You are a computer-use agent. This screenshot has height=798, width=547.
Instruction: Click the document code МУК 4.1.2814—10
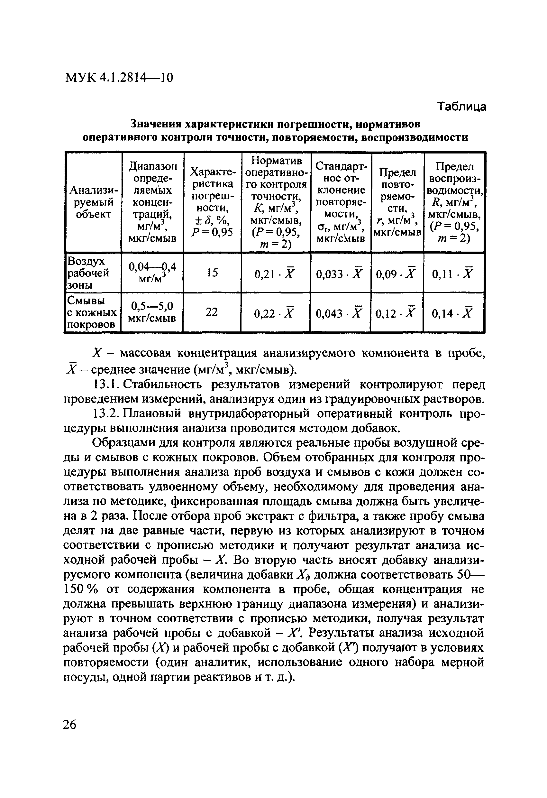(119, 78)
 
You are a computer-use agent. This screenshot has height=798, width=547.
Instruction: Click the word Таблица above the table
(462, 107)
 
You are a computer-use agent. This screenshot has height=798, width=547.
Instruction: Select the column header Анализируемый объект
(93, 202)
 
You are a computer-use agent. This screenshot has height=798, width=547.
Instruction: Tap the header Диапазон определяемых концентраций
(152, 202)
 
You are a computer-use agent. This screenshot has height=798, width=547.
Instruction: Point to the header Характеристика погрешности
(212, 202)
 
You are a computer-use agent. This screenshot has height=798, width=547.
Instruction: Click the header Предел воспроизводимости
(454, 202)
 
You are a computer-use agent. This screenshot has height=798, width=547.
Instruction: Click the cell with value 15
(212, 273)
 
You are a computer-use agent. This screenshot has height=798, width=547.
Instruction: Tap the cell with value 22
(212, 312)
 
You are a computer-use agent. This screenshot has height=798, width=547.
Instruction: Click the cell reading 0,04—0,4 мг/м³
(152, 273)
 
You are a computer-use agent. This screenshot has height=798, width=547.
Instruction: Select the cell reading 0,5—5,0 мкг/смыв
(152, 312)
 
